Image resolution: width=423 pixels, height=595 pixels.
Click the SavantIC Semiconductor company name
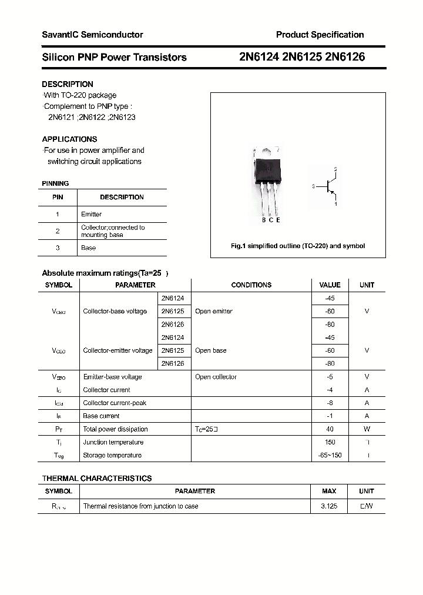[92, 35]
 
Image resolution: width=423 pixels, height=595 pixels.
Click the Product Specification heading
[320, 35]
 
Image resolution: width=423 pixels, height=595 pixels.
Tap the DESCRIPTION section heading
[68, 84]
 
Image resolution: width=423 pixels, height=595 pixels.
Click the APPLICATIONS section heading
[69, 139]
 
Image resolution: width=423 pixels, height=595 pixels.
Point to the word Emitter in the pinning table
[91, 214]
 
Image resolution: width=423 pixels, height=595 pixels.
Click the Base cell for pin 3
[88, 248]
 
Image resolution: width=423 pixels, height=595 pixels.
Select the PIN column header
[58, 197]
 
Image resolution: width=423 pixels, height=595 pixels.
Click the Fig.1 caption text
[297, 246]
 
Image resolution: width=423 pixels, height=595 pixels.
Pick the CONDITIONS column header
[251, 285]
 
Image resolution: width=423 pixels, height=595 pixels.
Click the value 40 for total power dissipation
[330, 429]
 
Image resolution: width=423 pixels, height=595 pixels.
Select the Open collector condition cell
[216, 377]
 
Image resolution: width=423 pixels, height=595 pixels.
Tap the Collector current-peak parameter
[115, 403]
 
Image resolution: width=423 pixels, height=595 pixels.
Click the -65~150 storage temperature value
[330, 455]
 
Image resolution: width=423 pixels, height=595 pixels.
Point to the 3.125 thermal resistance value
[329, 506]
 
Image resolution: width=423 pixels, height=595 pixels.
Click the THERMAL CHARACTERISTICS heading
[97, 478]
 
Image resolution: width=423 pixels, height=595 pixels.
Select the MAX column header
[329, 491]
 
